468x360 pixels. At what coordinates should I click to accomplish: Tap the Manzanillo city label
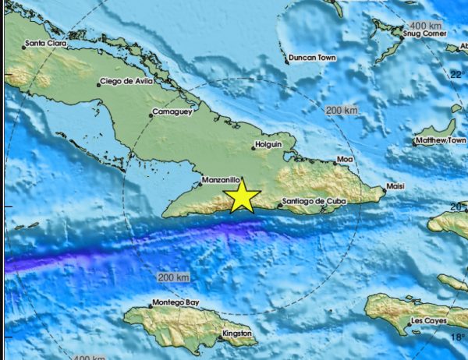point(220,180)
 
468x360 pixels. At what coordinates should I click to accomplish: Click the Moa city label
point(344,160)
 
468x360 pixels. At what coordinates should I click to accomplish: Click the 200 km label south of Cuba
point(173,277)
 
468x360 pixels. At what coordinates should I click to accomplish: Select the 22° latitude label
point(457,75)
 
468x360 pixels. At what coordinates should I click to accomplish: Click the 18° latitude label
point(457,337)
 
